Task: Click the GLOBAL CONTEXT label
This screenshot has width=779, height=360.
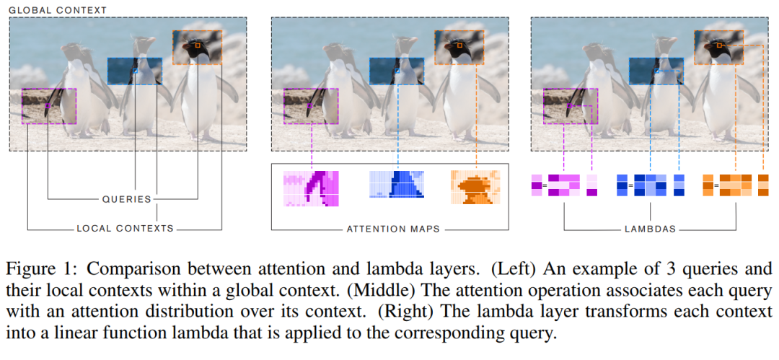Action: tap(58, 10)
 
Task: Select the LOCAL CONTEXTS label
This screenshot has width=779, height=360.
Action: tap(126, 229)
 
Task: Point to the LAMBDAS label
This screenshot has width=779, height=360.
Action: tap(650, 229)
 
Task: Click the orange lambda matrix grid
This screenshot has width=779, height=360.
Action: tap(735, 185)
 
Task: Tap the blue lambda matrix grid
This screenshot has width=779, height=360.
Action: tap(649, 185)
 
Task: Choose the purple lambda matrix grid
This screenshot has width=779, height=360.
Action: tap(563, 185)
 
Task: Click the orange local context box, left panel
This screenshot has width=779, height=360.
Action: tap(195, 48)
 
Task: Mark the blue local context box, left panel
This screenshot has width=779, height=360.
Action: tap(135, 71)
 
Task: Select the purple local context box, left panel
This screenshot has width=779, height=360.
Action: tap(48, 106)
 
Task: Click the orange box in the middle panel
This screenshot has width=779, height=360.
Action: tap(459, 48)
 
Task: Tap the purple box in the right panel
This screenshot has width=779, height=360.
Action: tap(571, 106)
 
